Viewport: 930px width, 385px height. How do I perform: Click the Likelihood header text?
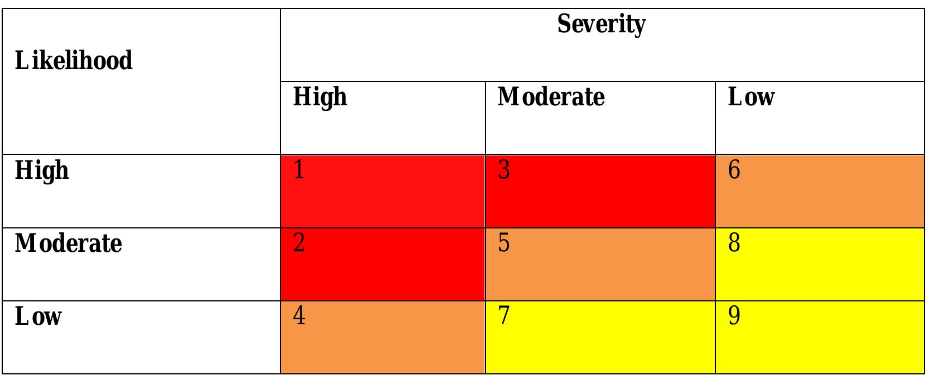74,60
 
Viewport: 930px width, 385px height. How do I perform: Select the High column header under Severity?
320,97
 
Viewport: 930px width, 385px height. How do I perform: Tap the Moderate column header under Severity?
551,97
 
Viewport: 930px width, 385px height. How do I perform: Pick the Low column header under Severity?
751,97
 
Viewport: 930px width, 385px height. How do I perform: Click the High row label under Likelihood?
42,170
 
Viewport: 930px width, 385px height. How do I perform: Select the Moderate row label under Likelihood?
68,243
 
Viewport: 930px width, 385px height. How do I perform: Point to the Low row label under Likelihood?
38,316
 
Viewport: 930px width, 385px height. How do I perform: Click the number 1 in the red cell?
299,169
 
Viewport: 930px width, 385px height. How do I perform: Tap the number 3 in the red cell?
504,169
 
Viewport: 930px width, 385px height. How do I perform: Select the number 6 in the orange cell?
734,169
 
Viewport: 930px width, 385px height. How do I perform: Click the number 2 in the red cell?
299,243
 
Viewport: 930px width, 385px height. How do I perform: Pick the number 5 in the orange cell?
504,243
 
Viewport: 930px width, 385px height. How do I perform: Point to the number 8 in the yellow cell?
734,243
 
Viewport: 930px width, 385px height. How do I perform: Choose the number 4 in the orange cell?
299,316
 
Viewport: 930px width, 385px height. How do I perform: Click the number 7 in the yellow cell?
504,316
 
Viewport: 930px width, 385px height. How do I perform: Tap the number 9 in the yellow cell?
734,316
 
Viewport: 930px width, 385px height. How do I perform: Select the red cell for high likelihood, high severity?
382,195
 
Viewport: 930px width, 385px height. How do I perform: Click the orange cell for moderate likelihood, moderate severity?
600,267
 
